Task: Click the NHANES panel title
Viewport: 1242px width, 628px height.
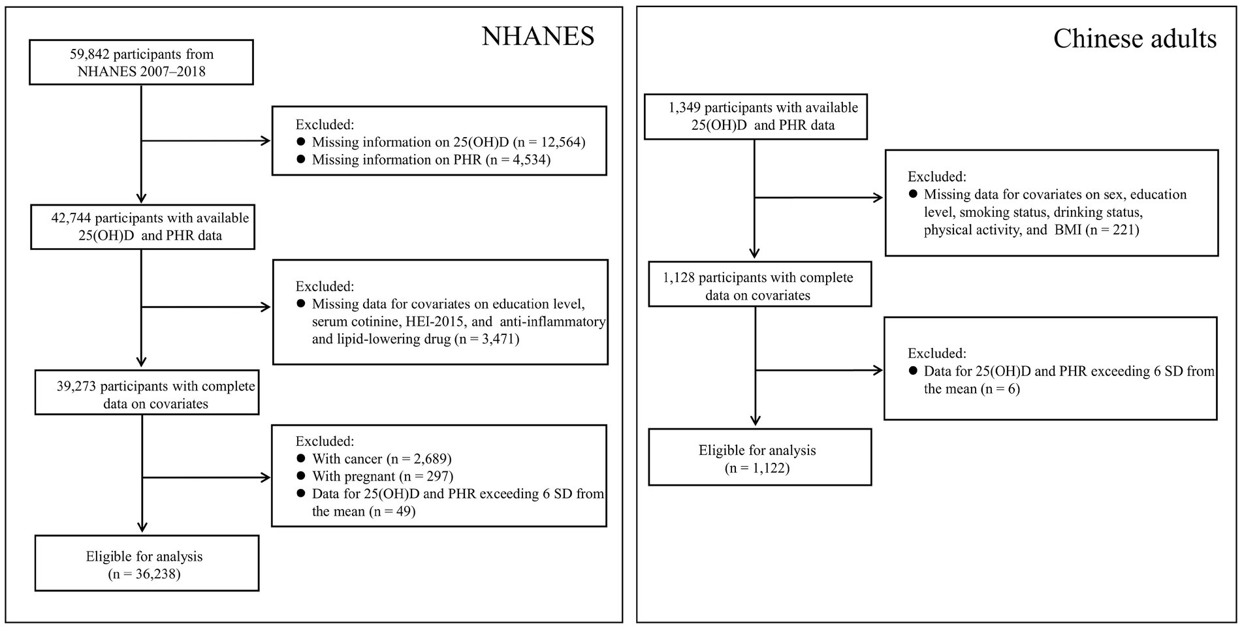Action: tap(538, 37)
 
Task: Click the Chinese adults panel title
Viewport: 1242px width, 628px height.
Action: tap(1134, 39)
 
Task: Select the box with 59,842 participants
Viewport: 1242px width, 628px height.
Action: tap(141, 63)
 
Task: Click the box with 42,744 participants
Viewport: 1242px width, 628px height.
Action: tap(142, 227)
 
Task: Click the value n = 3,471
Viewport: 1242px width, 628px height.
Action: tap(486, 339)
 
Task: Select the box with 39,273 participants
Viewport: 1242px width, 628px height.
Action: tap(147, 395)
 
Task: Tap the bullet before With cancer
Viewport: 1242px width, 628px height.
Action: tap(301, 459)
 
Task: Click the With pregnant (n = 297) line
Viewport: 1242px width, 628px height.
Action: tap(382, 477)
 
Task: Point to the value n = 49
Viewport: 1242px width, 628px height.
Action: tap(392, 512)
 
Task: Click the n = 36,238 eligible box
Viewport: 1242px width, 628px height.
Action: tap(146, 565)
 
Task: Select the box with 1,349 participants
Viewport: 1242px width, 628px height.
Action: tap(756, 116)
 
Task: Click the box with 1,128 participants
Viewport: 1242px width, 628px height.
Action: tap(759, 286)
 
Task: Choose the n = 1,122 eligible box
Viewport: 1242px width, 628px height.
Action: tap(759, 458)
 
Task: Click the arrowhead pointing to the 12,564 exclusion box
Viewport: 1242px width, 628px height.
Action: tap(266, 141)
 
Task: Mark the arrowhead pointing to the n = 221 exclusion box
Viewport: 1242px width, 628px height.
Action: tap(878, 197)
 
